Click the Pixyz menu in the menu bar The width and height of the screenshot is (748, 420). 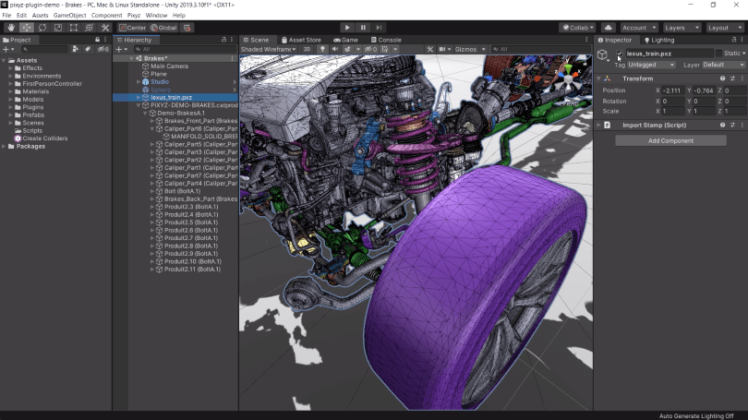click(x=133, y=16)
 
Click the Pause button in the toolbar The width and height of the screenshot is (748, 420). click(x=363, y=28)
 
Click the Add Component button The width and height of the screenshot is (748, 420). click(x=671, y=140)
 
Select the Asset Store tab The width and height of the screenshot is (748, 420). click(x=304, y=41)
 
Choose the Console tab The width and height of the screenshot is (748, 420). click(x=389, y=41)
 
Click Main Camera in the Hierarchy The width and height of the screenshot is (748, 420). click(x=169, y=66)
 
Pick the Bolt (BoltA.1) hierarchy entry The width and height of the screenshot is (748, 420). click(x=182, y=190)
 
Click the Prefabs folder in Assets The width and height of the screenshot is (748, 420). click(x=34, y=115)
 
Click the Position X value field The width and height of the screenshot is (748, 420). click(x=675, y=90)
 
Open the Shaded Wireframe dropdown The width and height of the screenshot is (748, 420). click(x=269, y=50)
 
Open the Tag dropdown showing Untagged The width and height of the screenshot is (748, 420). click(x=652, y=66)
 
